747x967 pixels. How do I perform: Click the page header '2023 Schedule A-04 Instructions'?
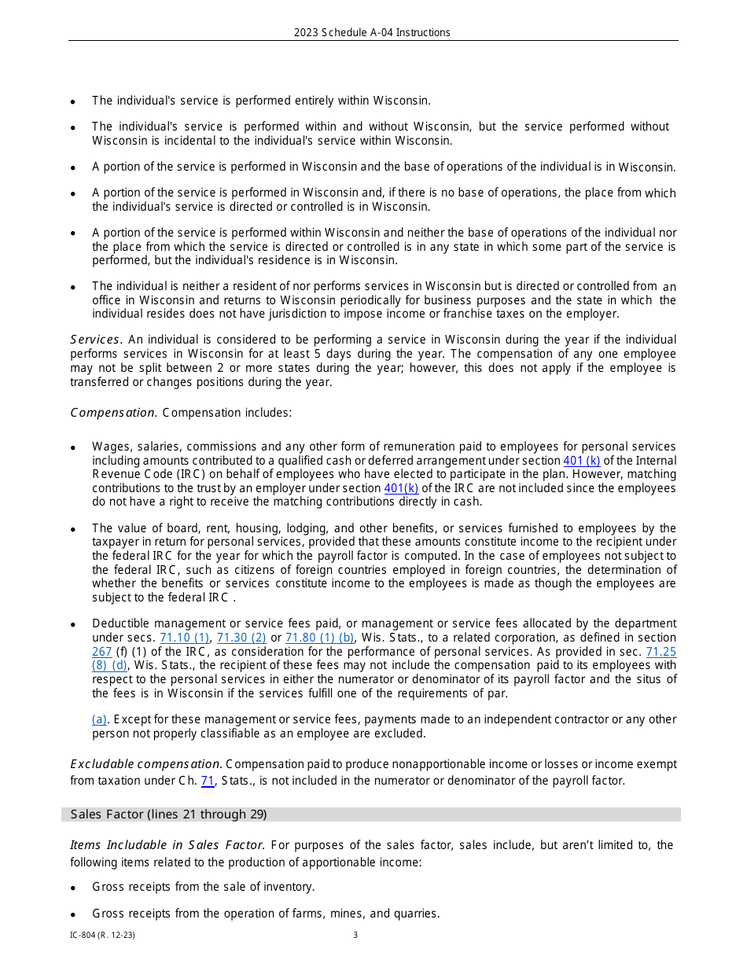(x=372, y=32)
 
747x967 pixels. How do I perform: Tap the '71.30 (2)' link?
(x=241, y=638)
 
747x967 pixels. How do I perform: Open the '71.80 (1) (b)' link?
(x=319, y=638)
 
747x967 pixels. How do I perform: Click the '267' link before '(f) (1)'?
(x=101, y=652)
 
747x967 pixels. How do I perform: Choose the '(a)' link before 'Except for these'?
(x=99, y=719)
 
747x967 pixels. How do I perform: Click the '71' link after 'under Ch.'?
(x=208, y=781)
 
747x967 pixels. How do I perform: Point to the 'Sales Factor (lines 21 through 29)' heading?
(x=168, y=814)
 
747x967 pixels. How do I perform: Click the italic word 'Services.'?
(x=96, y=340)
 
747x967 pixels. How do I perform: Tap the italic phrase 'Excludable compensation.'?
(x=146, y=764)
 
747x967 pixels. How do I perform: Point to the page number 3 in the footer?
(x=355, y=936)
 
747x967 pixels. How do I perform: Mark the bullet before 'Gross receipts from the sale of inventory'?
(x=73, y=888)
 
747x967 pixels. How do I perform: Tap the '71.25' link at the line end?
(x=661, y=652)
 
